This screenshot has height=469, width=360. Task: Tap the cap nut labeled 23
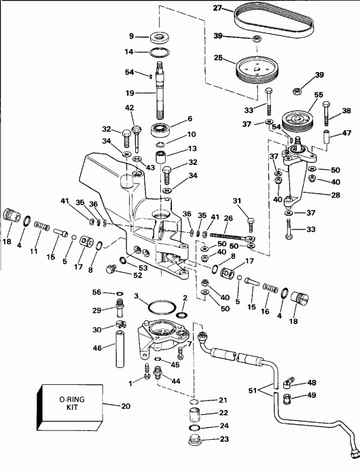point(160,37)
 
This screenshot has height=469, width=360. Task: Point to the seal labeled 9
point(160,37)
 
